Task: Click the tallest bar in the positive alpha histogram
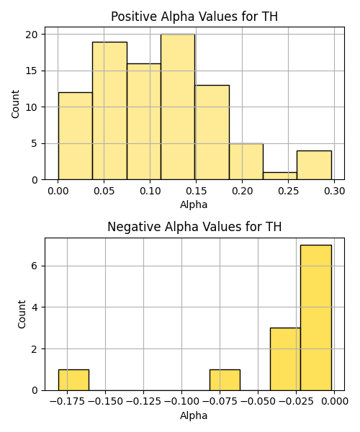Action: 178,107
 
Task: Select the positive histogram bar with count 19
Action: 109,111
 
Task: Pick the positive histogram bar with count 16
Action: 144,122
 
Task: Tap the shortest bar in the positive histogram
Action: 280,176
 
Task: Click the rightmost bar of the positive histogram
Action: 314,166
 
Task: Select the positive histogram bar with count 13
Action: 212,132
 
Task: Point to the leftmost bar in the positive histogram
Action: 76,136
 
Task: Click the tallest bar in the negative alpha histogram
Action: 316,318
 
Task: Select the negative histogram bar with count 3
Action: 285,359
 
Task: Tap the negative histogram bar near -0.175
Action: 73,380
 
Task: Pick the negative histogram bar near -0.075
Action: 225,380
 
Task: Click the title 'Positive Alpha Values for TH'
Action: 194,17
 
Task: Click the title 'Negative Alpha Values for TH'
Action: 194,227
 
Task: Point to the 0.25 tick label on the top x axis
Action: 289,191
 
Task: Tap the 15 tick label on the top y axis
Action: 32,71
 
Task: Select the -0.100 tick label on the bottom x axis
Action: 181,402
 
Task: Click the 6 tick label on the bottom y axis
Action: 35,266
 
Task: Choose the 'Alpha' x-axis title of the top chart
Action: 194,204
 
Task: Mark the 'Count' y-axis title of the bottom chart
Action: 22,314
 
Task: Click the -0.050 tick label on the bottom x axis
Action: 258,402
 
